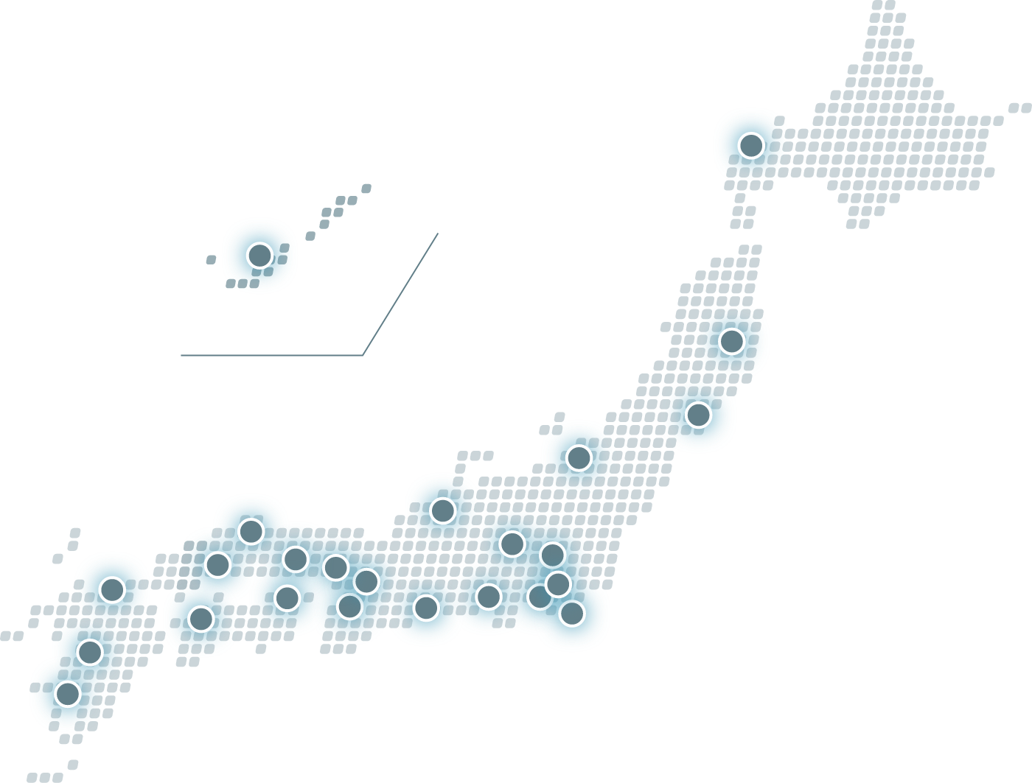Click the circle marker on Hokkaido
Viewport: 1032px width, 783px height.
750,145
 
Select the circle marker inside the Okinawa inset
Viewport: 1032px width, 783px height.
259,256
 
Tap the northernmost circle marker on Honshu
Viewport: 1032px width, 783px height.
731,341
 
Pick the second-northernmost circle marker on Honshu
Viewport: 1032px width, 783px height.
698,415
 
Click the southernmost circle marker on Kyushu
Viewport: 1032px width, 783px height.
67,694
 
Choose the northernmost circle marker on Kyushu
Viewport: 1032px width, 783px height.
112,589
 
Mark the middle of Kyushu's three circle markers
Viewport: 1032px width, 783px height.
90,652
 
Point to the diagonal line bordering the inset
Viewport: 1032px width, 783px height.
401,294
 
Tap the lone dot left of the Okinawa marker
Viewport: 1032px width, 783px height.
211,259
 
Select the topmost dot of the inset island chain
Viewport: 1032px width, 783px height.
366,189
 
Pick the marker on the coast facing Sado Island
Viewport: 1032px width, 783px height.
579,457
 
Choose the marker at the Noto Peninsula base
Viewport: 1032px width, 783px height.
442,510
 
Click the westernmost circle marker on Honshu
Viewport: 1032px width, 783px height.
217,565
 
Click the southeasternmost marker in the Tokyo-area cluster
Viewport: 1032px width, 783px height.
572,613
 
